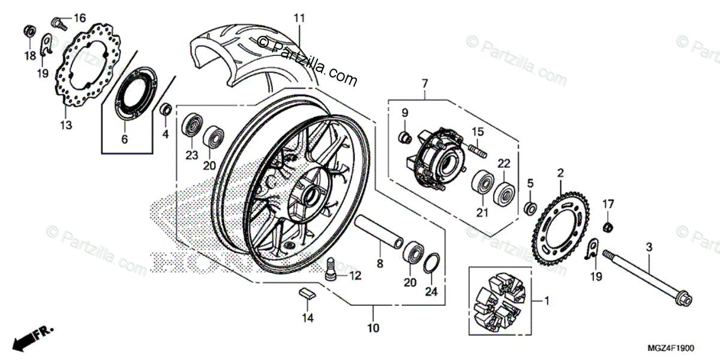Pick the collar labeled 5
point(530,209)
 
